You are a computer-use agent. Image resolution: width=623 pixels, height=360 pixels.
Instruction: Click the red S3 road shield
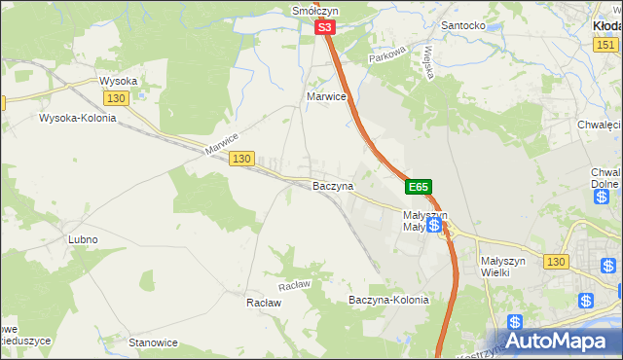pyautogui.click(x=326, y=30)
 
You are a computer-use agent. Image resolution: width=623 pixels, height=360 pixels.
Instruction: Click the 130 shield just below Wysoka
pyautogui.click(x=116, y=99)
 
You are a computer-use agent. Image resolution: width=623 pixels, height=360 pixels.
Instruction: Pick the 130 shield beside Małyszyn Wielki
pyautogui.click(x=556, y=263)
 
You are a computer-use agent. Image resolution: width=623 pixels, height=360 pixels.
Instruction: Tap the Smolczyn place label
pyautogui.click(x=313, y=11)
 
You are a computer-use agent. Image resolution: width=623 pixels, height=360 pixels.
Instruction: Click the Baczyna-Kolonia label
pyautogui.click(x=388, y=301)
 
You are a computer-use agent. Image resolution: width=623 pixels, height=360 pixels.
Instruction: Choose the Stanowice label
pyautogui.click(x=154, y=342)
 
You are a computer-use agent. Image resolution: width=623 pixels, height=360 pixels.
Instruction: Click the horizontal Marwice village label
pyautogui.click(x=327, y=97)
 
